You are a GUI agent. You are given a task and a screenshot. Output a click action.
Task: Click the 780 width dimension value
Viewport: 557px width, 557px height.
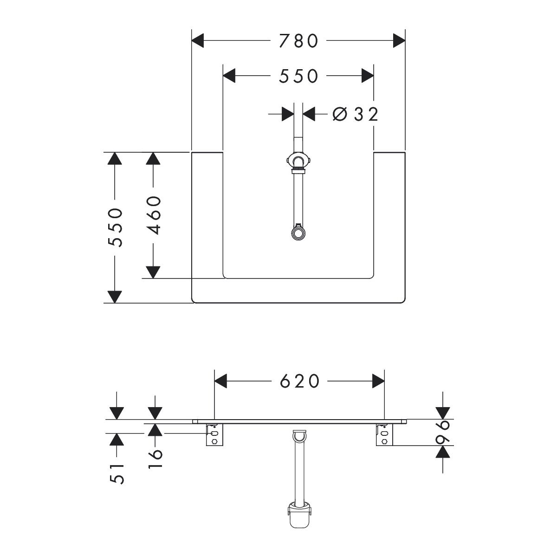298,41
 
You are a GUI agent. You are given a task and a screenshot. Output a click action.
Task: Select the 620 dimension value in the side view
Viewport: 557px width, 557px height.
300,381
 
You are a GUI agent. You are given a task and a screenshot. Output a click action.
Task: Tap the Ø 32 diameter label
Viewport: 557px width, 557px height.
356,114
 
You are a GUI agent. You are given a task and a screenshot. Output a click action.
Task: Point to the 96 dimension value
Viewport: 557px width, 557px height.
443,433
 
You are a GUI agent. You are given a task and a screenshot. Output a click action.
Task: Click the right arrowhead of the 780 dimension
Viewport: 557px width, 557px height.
399,41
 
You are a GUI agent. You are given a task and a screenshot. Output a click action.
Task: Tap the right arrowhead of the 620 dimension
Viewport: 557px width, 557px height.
378,381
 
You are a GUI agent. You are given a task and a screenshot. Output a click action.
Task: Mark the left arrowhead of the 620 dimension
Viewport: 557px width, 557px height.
220,381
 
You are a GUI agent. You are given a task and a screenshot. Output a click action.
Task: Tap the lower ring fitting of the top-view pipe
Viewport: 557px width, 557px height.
297,232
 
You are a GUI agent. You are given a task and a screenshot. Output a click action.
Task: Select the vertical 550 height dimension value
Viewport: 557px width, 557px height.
115,227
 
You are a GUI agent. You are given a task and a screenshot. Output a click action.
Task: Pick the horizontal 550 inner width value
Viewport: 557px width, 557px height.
298,76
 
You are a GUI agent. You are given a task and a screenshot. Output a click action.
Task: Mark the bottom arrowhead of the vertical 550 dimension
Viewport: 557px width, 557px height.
114,296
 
